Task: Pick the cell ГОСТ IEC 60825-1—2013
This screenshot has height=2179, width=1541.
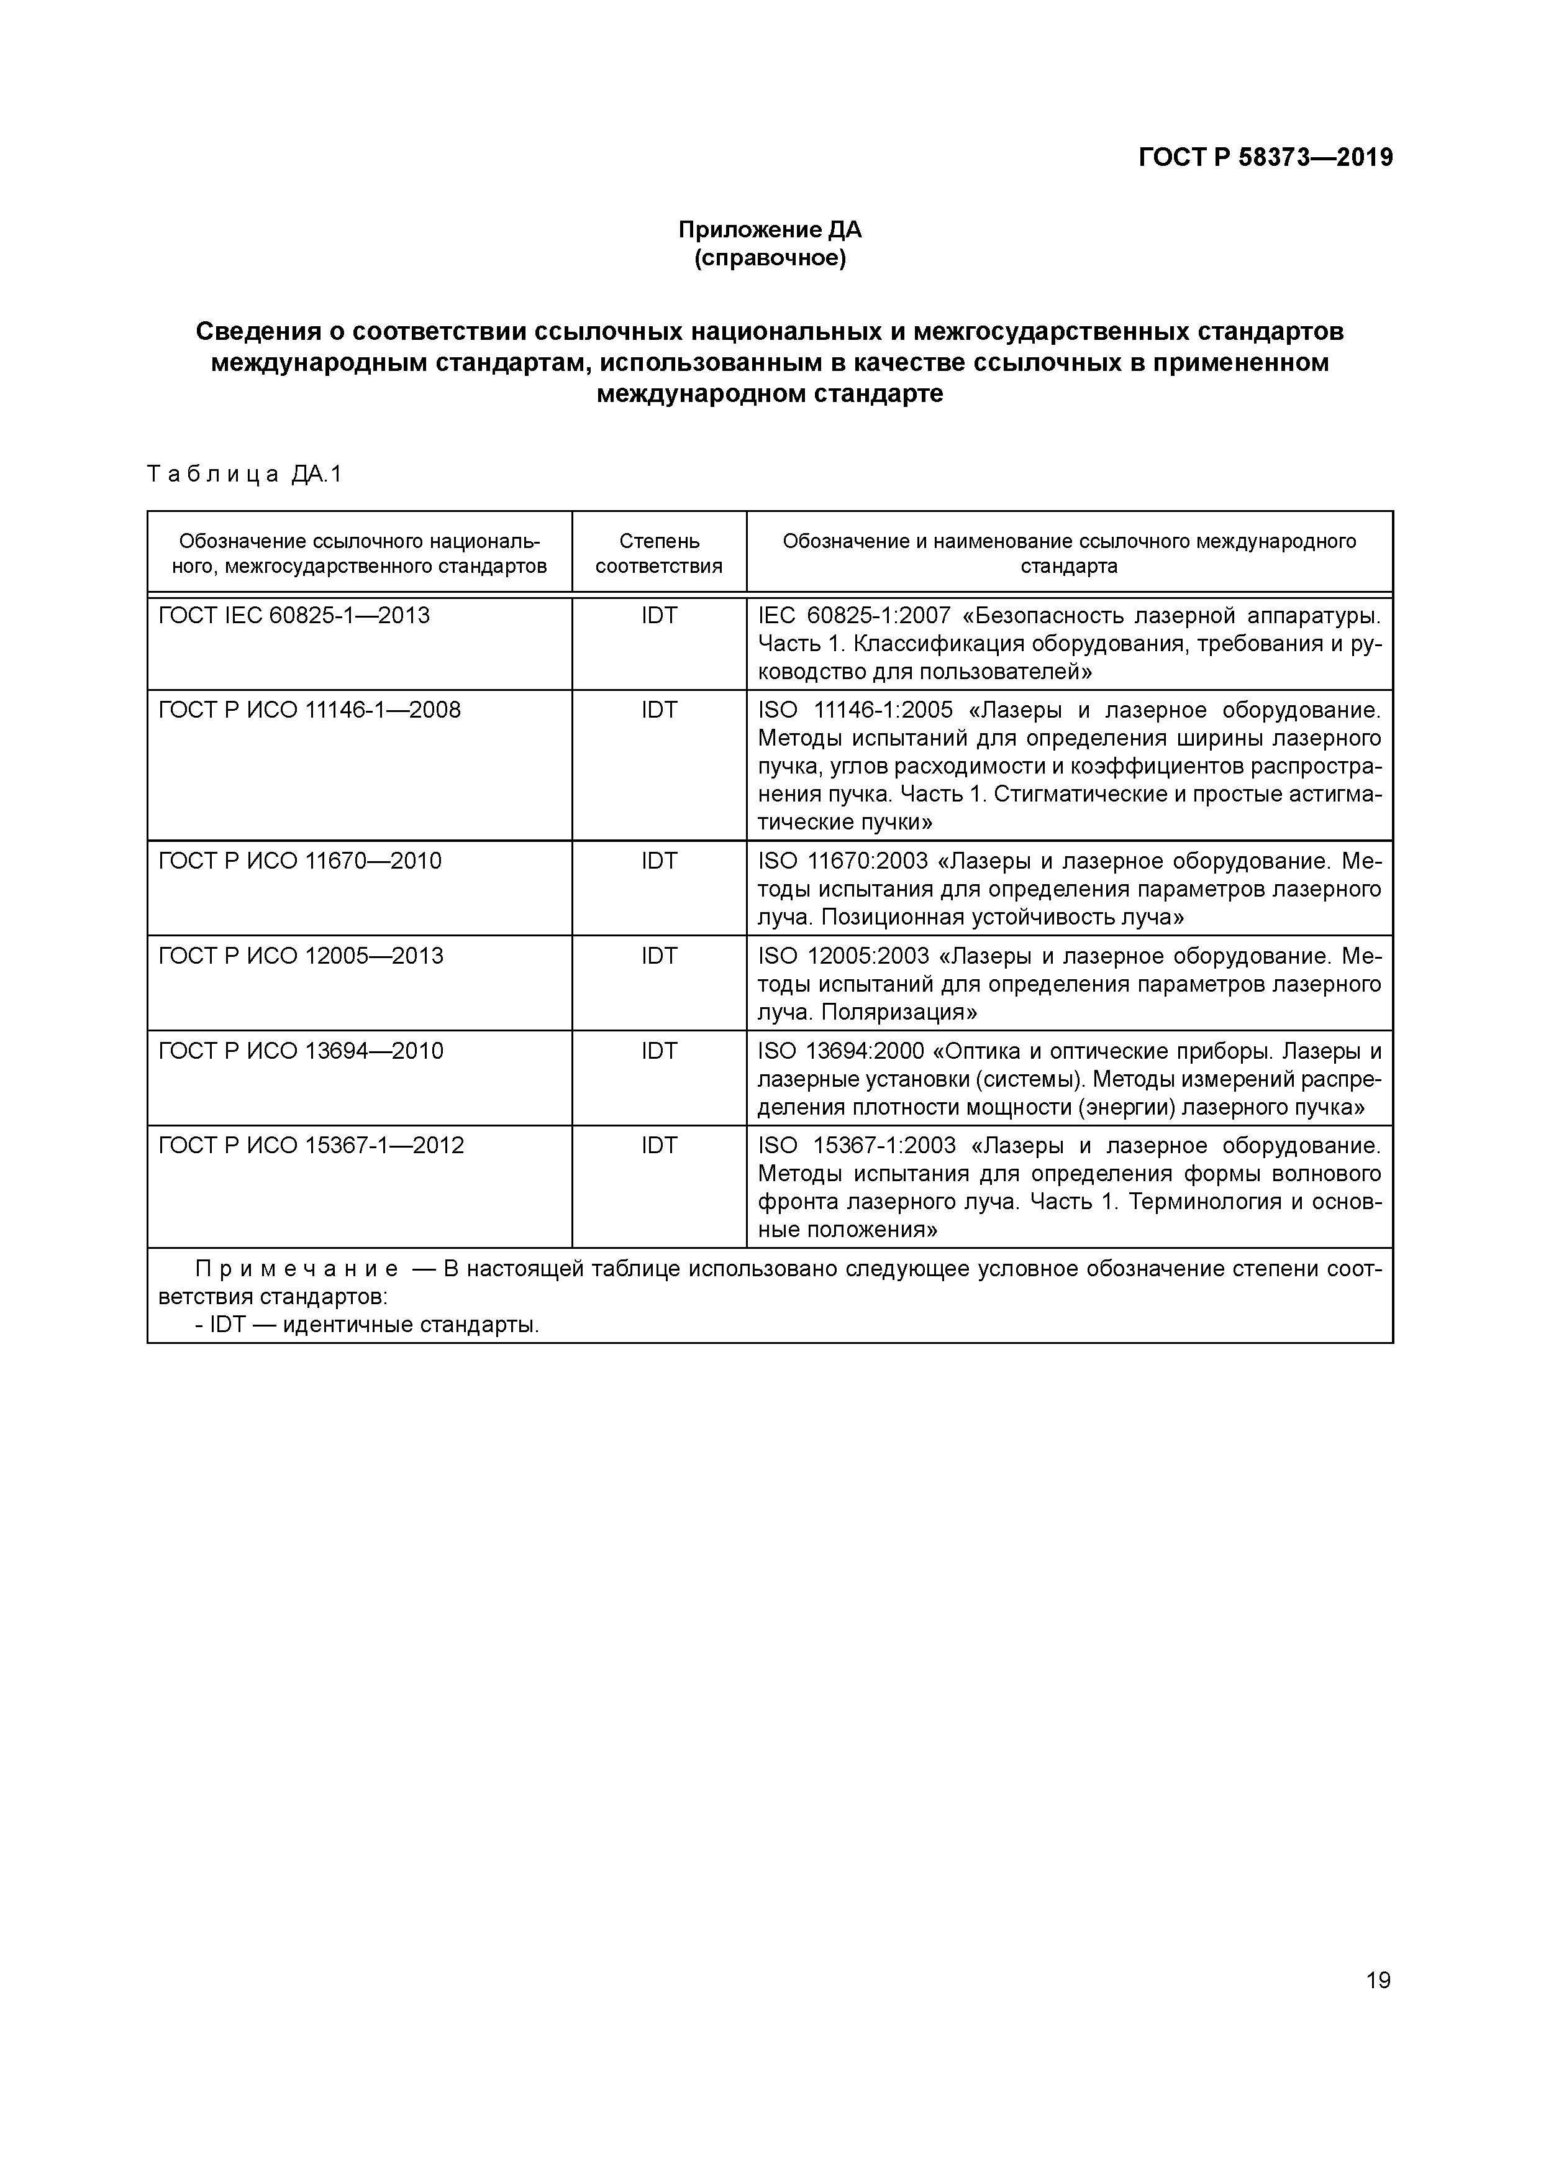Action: click(x=294, y=616)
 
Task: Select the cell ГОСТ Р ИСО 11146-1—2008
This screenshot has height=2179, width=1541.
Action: click(x=309, y=710)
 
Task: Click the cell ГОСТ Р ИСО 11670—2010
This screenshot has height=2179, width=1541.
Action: click(x=300, y=861)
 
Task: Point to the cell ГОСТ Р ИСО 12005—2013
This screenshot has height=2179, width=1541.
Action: click(x=301, y=956)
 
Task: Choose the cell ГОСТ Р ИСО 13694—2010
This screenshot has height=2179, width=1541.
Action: click(x=301, y=1051)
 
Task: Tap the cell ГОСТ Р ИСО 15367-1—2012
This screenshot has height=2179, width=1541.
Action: click(x=311, y=1146)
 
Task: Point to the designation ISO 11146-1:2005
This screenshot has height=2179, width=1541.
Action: click(x=856, y=710)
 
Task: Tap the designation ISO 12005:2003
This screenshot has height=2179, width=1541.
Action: click(x=843, y=956)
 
